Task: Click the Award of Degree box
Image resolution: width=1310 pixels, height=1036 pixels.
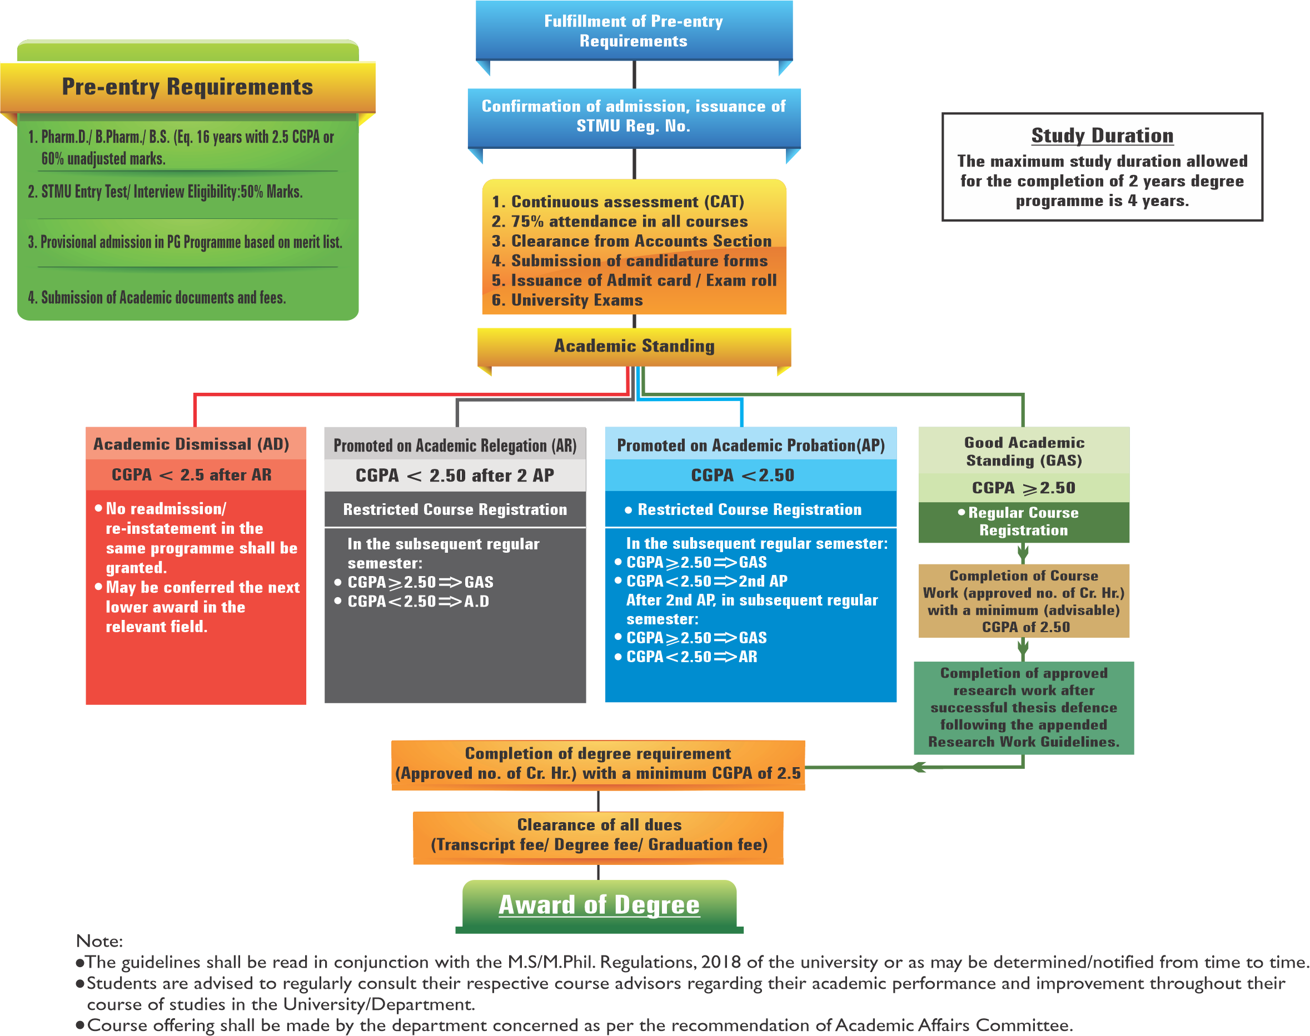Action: [x=599, y=904]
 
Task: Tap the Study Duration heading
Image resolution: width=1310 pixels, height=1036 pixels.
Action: [x=1102, y=135]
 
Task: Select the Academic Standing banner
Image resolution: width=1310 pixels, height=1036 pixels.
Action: [x=634, y=346]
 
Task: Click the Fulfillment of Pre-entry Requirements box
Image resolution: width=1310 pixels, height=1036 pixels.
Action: [x=634, y=31]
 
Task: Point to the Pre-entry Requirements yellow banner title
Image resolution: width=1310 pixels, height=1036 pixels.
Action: [x=187, y=87]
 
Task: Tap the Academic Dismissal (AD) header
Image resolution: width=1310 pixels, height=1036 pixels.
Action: [x=191, y=444]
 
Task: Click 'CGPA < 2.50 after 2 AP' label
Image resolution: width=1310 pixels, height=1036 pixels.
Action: [x=455, y=476]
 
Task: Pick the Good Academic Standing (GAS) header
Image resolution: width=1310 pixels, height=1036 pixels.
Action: [x=1024, y=451]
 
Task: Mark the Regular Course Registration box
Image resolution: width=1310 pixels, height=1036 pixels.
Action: [x=1024, y=522]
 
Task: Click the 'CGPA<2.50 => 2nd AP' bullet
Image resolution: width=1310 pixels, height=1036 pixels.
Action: [x=706, y=581]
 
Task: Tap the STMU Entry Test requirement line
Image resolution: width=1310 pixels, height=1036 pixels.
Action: [x=165, y=192]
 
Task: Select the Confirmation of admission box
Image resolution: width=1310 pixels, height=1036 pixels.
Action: [x=634, y=116]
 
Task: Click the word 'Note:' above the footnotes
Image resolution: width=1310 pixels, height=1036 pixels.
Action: [x=99, y=941]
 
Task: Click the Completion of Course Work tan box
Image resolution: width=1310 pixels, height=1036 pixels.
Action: [x=1024, y=601]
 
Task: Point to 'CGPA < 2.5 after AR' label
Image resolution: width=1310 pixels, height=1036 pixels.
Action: [x=191, y=475]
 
